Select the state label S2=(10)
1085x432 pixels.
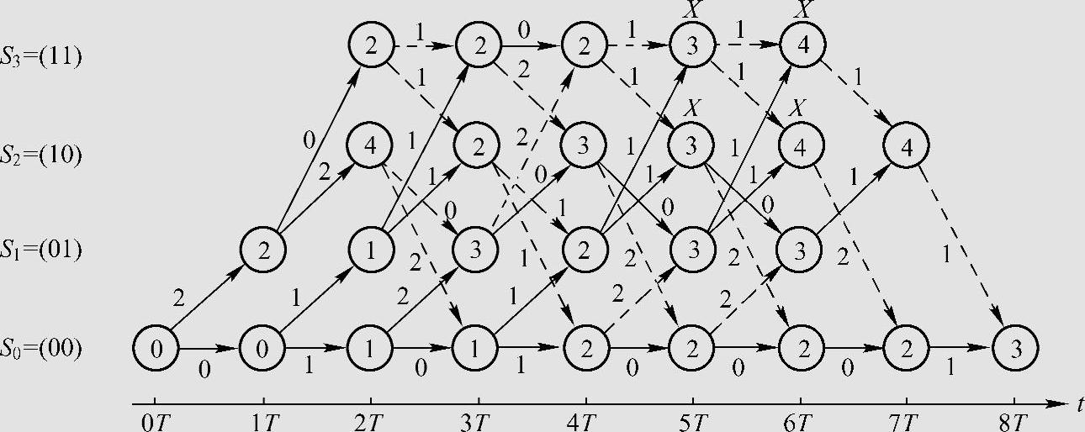(x=41, y=155)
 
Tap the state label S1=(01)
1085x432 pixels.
(x=41, y=251)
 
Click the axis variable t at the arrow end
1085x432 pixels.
(x=1078, y=405)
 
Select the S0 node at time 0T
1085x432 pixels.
(x=156, y=347)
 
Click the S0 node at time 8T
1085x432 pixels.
(x=1015, y=347)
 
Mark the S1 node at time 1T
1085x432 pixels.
(x=263, y=250)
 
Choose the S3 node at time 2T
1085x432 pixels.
(x=371, y=47)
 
